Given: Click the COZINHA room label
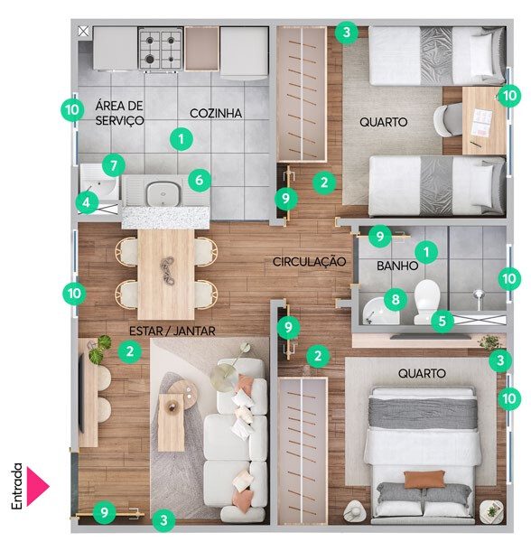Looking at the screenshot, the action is pyautogui.click(x=216, y=113).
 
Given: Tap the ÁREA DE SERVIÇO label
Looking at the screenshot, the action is pyautogui.click(x=119, y=113).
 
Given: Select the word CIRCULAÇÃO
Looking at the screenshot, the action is pyautogui.click(x=309, y=261).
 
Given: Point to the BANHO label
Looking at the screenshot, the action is pyautogui.click(x=397, y=266).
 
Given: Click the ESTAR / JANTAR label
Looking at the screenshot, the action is pyautogui.click(x=172, y=331).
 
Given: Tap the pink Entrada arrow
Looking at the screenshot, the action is pyautogui.click(x=38, y=486).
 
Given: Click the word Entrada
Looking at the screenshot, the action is pyautogui.click(x=16, y=486).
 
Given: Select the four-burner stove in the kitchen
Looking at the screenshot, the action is pyautogui.click(x=161, y=50).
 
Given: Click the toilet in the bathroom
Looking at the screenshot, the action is pyautogui.click(x=426, y=301).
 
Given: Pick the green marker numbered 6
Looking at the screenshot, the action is pyautogui.click(x=200, y=180).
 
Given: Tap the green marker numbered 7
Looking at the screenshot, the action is pyautogui.click(x=114, y=165).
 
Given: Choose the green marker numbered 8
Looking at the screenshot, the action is pyautogui.click(x=396, y=299).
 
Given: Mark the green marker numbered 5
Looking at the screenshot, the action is pyautogui.click(x=442, y=321).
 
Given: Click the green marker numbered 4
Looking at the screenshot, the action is pyautogui.click(x=87, y=202).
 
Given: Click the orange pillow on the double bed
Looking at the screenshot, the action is pyautogui.click(x=424, y=479).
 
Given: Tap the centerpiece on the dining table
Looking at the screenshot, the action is pyautogui.click(x=168, y=271).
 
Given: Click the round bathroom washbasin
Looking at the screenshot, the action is pyautogui.click(x=380, y=311).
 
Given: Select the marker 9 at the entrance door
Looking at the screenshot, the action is pyautogui.click(x=105, y=512).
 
